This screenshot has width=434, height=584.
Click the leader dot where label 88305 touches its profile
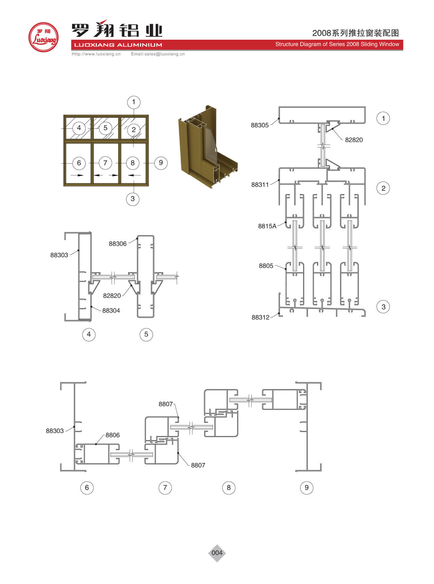click(279, 118)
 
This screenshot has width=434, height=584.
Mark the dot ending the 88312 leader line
click(279, 313)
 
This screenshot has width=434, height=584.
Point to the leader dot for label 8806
click(96, 444)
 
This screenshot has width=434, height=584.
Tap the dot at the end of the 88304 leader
click(92, 307)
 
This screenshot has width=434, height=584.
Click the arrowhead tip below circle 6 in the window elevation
click(83, 175)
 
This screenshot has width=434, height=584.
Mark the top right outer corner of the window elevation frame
click(149, 115)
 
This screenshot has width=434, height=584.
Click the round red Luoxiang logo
click(44, 37)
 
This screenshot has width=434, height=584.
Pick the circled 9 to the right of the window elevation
click(161, 163)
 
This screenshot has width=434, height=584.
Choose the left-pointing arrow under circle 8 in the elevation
click(135, 175)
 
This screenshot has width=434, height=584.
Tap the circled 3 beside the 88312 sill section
click(383, 307)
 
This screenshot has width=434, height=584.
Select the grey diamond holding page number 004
click(217, 553)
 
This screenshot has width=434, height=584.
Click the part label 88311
click(260, 185)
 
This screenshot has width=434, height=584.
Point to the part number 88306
click(118, 244)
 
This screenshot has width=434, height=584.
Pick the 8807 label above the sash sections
click(166, 404)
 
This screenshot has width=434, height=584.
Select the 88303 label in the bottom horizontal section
click(55, 431)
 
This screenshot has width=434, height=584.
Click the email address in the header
click(158, 54)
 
